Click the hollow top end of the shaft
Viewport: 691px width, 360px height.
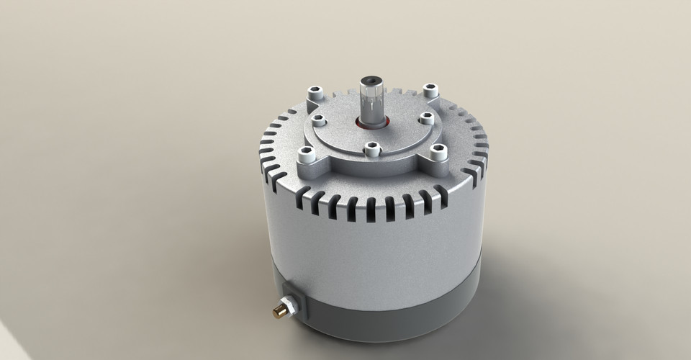point(372,77)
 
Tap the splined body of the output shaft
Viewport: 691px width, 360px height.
point(372,101)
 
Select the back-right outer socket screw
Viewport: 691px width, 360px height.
point(430,90)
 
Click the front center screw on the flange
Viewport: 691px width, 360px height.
point(372,149)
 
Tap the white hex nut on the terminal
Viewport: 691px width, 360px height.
point(286,306)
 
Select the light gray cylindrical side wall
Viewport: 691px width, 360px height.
point(374,245)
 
